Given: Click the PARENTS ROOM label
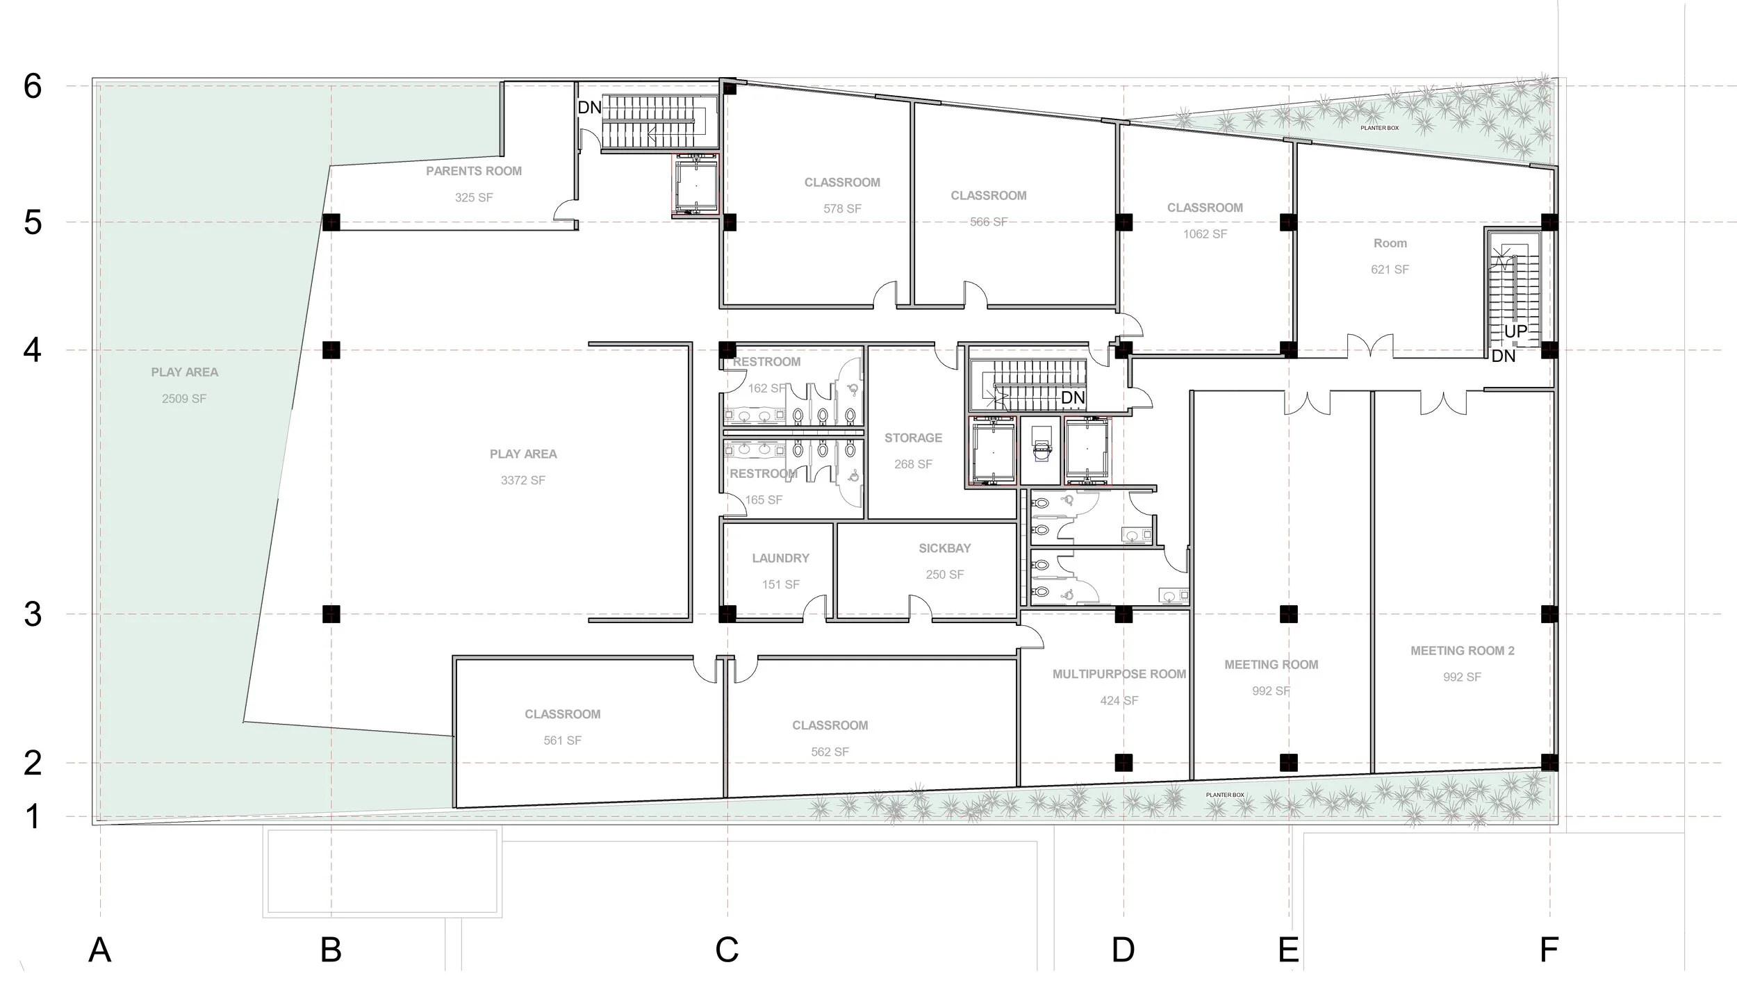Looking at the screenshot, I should tap(474, 171).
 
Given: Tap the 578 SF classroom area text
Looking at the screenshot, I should tap(842, 208).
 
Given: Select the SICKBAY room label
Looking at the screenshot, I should tap(944, 548).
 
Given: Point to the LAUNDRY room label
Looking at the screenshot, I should tap(780, 558).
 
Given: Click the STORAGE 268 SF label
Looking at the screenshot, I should tap(913, 438).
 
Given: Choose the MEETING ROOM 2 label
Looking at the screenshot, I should tap(1462, 651).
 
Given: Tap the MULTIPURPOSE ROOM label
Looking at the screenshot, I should tap(1119, 674).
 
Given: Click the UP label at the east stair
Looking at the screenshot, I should tap(1515, 332).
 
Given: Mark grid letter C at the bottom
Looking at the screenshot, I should tap(727, 950).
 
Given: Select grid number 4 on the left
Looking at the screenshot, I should tap(33, 350).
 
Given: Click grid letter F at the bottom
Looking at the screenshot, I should tap(1549, 950).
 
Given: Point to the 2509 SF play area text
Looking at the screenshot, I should tap(184, 399).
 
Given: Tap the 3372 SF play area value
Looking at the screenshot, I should tap(522, 480).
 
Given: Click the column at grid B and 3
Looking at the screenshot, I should tap(331, 614).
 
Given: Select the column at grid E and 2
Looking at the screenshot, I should tap(1288, 763).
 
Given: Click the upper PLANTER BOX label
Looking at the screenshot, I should tap(1379, 128).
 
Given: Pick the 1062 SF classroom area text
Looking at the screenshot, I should tap(1205, 234).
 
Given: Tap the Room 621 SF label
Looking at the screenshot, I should tap(1390, 244).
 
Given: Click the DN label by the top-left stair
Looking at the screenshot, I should tap(589, 108).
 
